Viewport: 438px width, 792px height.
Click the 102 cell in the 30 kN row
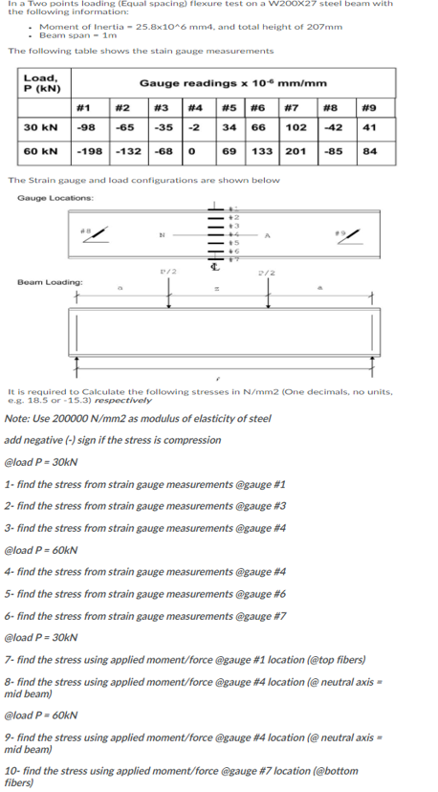(x=296, y=127)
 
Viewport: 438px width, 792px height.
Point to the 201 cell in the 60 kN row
(x=296, y=151)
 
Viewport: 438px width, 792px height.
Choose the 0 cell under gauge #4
(x=194, y=151)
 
